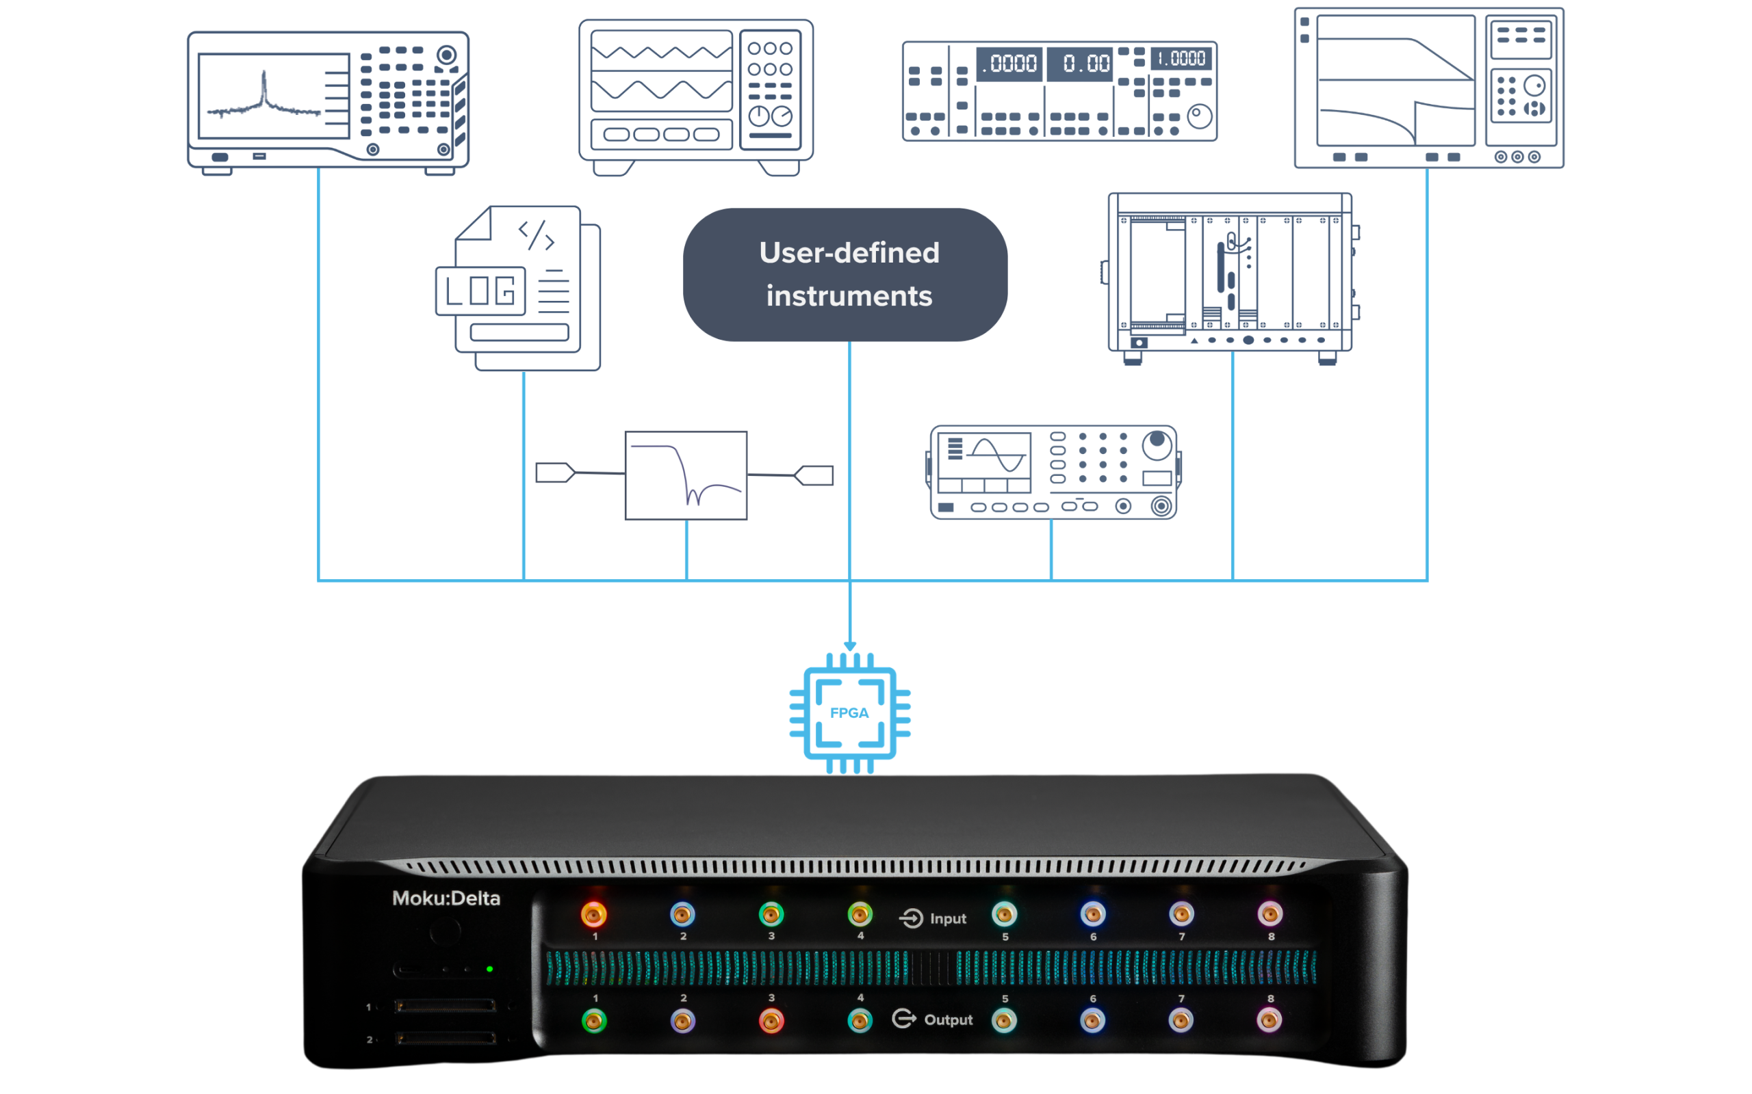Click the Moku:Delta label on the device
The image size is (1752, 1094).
446,898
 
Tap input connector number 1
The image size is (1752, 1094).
593,915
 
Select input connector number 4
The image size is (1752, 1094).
860,915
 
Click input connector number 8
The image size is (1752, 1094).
1270,915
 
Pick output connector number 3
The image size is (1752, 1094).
771,1021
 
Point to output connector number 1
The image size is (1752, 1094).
593,1021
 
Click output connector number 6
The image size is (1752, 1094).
1092,1021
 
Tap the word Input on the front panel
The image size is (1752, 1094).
948,919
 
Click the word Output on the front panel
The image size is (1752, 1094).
949,1020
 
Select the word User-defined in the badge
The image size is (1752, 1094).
849,253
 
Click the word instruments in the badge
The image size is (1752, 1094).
849,297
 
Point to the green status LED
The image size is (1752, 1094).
490,969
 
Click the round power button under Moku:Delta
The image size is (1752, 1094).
446,932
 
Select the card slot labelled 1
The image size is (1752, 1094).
446,1006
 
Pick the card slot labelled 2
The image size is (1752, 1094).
446,1039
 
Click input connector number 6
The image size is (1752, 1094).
1092,915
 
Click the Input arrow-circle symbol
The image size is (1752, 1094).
911,918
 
